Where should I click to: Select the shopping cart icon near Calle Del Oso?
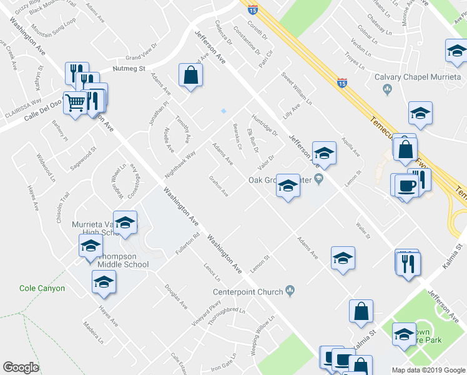point(76,102)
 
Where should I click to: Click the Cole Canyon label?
point(42,288)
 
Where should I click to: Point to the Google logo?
point(21,367)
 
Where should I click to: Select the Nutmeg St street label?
point(129,68)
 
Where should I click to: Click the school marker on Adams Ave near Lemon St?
point(343,257)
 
